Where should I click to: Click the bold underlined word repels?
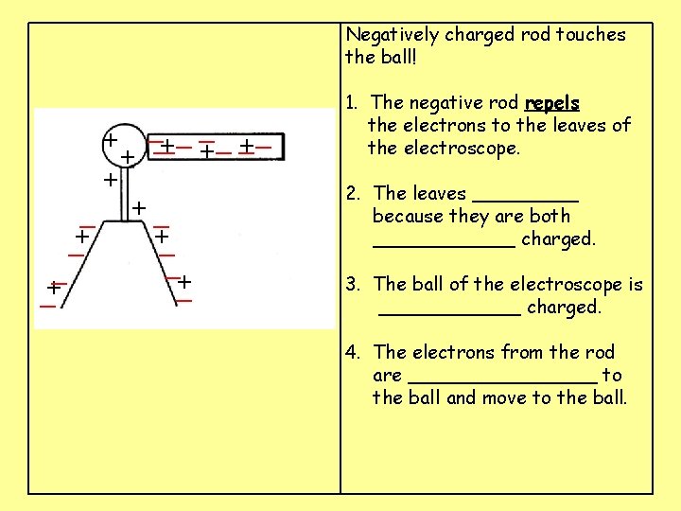(x=552, y=102)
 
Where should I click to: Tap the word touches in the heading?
(x=592, y=35)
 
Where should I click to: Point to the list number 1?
(x=351, y=102)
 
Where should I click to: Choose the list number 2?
(x=351, y=194)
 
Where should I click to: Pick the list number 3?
(x=351, y=285)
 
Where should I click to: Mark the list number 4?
(x=351, y=353)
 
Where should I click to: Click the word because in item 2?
(x=411, y=217)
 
